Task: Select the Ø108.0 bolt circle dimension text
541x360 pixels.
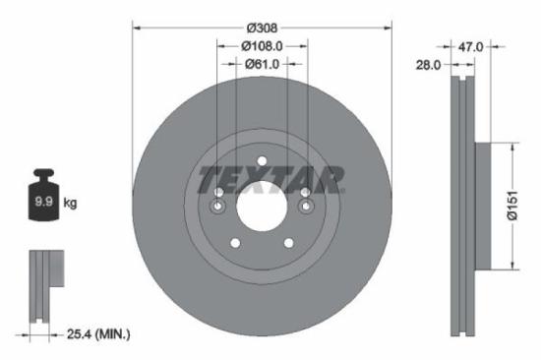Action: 262,45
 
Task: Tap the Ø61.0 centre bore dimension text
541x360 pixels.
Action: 262,64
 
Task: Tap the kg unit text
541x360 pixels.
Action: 70,204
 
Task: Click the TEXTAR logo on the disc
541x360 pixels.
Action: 270,180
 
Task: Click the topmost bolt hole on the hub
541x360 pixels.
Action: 262,163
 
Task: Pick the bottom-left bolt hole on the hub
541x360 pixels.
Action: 235,243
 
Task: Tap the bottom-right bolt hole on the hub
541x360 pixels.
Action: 288,243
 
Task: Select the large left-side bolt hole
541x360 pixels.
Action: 218,206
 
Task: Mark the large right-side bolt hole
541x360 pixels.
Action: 305,206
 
